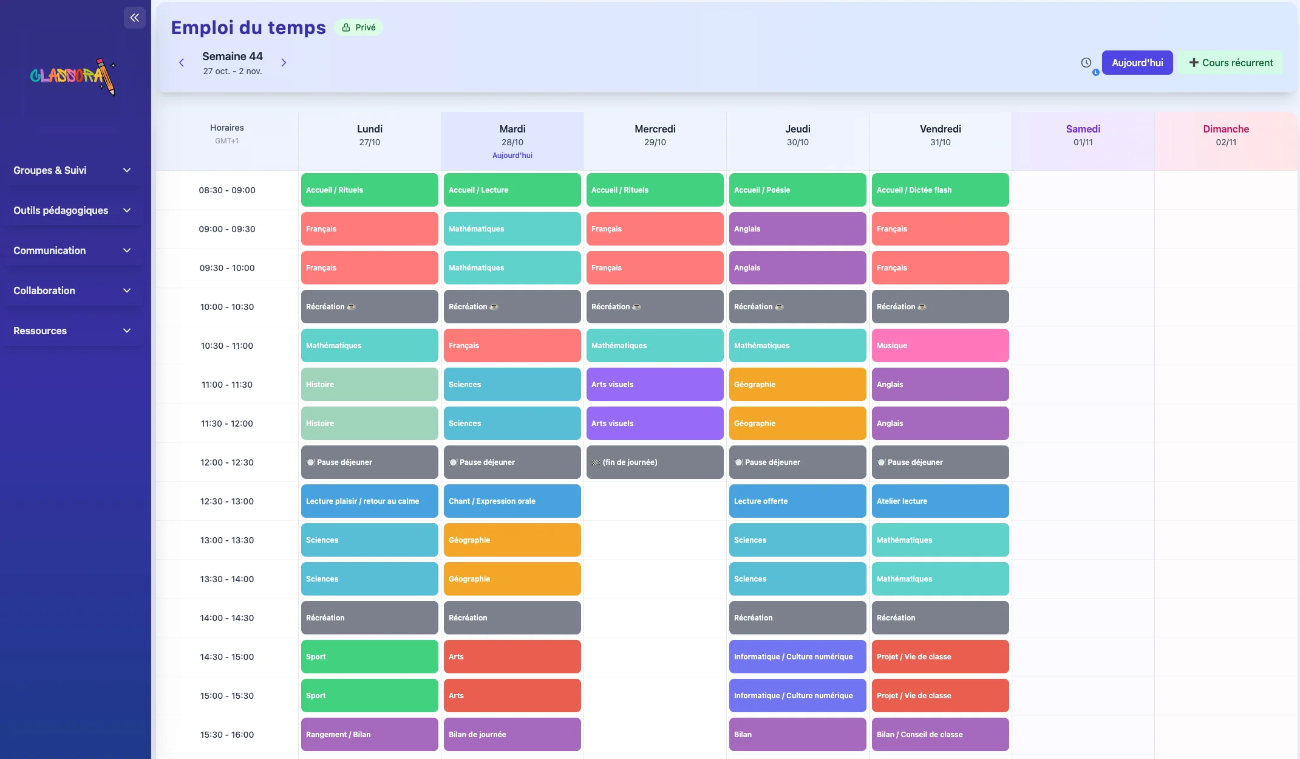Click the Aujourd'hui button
click(x=1137, y=63)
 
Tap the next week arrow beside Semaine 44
click(x=284, y=63)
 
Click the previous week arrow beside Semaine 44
click(x=181, y=63)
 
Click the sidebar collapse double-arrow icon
click(x=135, y=18)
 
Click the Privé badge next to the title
click(x=359, y=27)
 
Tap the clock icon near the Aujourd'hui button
click(x=1086, y=63)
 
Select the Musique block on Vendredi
click(x=940, y=345)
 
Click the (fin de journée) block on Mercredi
click(x=655, y=462)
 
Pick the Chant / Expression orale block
click(x=512, y=501)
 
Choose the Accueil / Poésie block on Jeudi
click(x=797, y=190)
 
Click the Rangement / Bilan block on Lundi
click(x=369, y=734)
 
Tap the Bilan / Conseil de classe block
click(x=940, y=734)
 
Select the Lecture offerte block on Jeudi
click(x=797, y=501)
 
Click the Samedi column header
click(x=1083, y=135)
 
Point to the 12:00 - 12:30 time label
click(x=227, y=462)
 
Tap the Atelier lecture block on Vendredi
click(x=940, y=501)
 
